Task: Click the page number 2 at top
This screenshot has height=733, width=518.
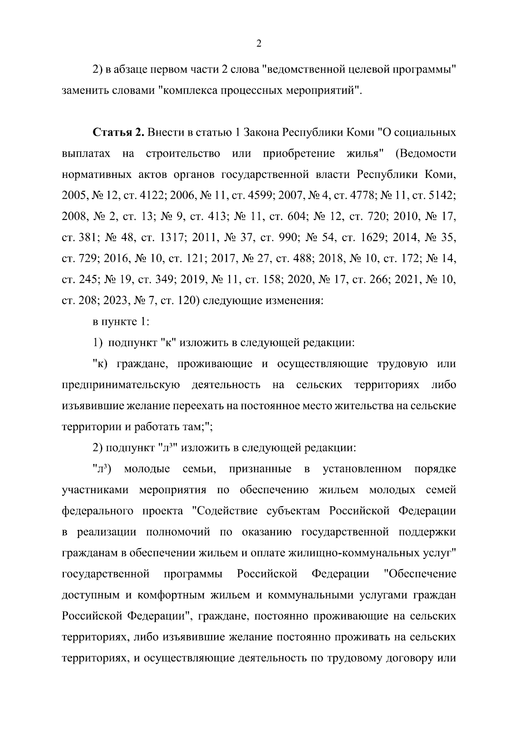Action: pos(259,43)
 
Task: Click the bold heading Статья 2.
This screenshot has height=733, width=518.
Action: pos(118,132)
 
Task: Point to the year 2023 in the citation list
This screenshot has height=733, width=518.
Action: pos(117,301)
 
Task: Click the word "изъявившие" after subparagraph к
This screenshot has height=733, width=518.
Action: pos(92,406)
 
